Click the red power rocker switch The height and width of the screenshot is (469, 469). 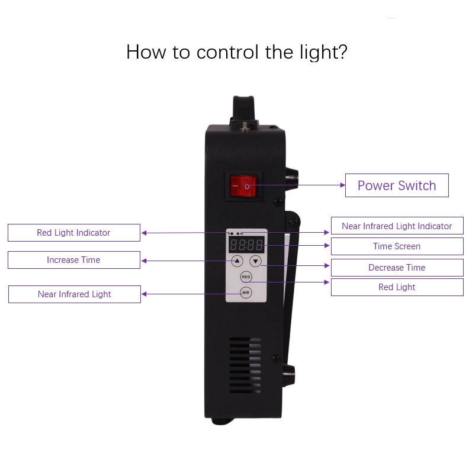(245, 186)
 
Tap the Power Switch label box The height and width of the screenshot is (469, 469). (397, 185)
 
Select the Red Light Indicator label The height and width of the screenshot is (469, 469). (74, 233)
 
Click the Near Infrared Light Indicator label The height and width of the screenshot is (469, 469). (397, 226)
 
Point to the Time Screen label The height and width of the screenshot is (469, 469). (397, 246)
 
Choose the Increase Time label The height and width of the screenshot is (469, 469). (74, 260)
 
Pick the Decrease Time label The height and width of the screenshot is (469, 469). (397, 268)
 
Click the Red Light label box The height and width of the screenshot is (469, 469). (397, 287)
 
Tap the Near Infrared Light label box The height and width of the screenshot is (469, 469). (75, 294)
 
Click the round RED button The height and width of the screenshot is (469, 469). (246, 277)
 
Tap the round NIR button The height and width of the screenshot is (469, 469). (246, 293)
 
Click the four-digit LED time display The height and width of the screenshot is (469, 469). (246, 245)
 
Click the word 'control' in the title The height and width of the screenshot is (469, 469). (227, 52)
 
